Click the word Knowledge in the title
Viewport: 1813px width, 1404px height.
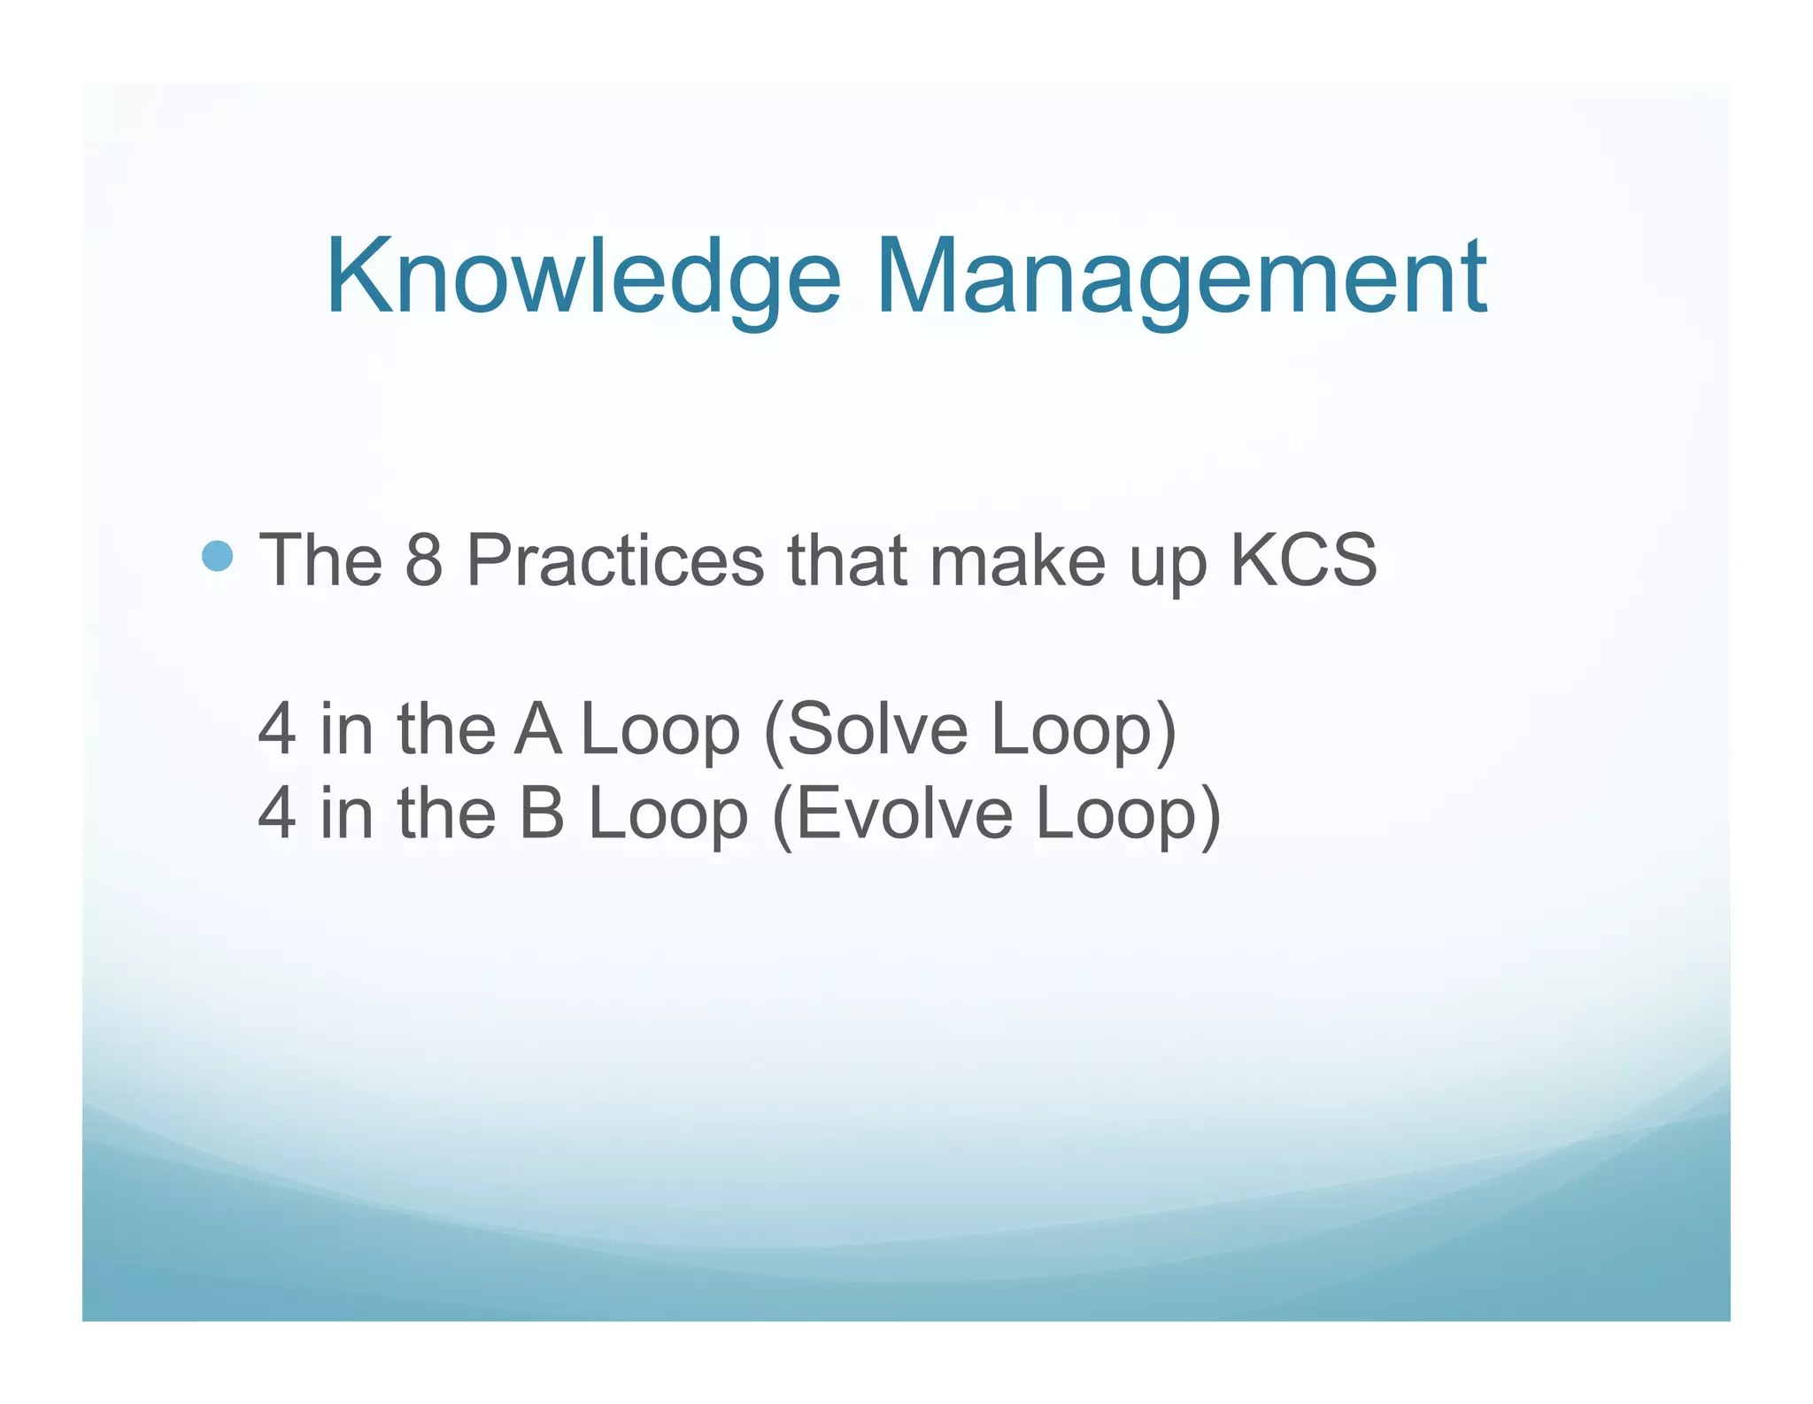pyautogui.click(x=583, y=276)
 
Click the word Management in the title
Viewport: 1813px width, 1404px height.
pyautogui.click(x=1182, y=276)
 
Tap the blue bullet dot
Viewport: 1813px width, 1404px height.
pyautogui.click(x=217, y=557)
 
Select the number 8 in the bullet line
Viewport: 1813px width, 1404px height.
pyautogui.click(x=423, y=559)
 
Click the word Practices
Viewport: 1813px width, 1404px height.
pyautogui.click(x=614, y=559)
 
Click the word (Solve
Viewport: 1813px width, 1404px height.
pyautogui.click(x=865, y=729)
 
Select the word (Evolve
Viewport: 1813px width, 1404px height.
pyautogui.click(x=892, y=814)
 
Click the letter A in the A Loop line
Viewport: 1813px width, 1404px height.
pyautogui.click(x=537, y=729)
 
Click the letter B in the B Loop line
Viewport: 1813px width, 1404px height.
pyautogui.click(x=541, y=814)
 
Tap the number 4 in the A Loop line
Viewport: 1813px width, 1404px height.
pyautogui.click(x=276, y=729)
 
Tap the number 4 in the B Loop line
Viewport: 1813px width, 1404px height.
pyautogui.click(x=276, y=814)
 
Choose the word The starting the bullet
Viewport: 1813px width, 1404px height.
pyautogui.click(x=320, y=559)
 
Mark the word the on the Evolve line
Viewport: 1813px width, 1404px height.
pyautogui.click(x=446, y=814)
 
